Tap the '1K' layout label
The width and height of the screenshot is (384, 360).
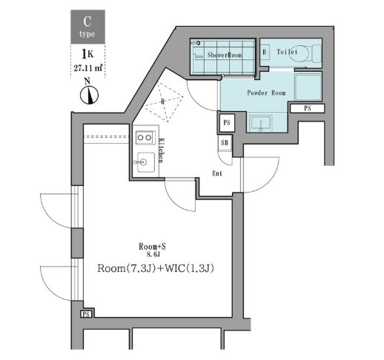click(87, 53)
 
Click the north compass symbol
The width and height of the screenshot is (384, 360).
click(88, 94)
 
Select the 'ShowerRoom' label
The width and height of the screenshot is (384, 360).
click(225, 53)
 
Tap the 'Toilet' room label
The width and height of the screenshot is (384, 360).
click(288, 53)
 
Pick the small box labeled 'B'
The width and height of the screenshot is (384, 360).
click(265, 53)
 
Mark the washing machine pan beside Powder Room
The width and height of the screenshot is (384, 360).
click(308, 87)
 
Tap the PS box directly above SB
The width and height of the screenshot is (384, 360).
click(226, 121)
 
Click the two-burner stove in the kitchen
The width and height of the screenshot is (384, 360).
click(145, 138)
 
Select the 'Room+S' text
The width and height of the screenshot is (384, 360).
click(151, 246)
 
